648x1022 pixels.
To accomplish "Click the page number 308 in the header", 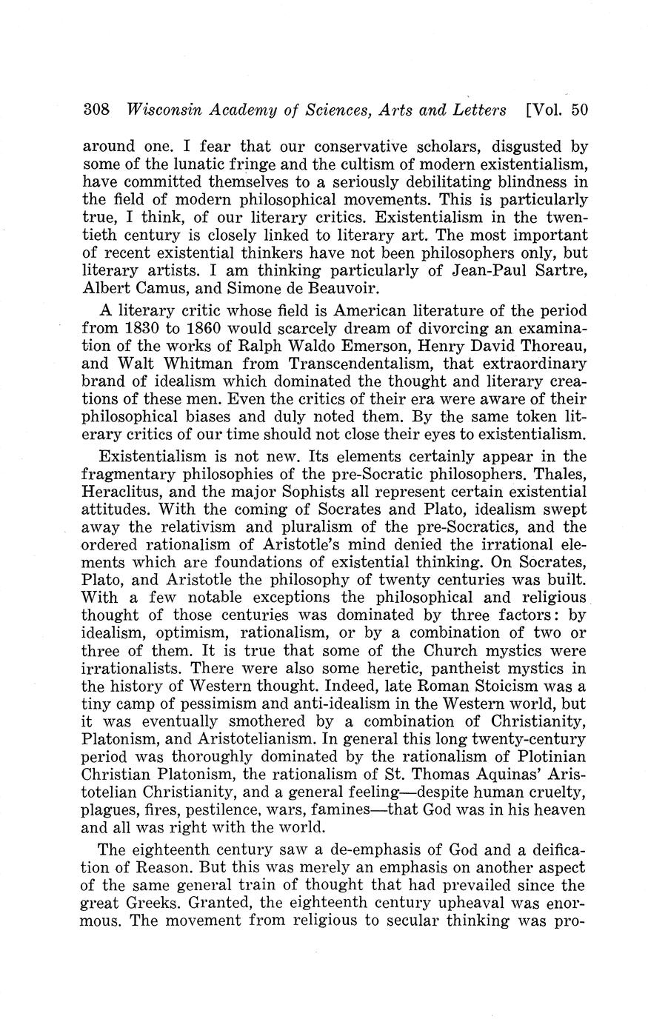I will pyautogui.click(x=96, y=110).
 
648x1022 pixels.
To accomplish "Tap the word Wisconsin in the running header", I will pyautogui.click(x=161, y=110).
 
